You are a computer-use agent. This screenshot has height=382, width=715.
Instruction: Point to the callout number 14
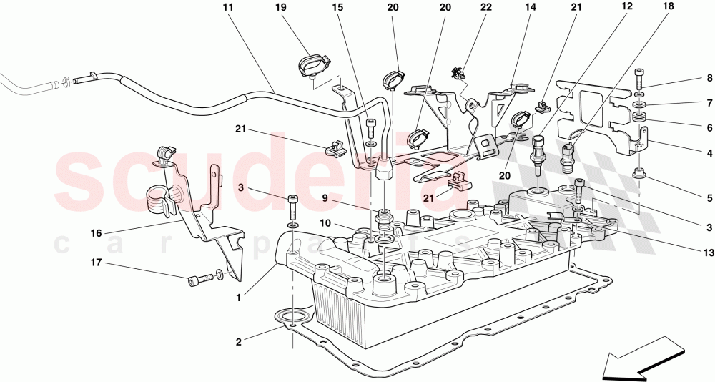pos(531,8)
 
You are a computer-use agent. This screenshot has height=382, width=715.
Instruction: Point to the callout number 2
pos(238,342)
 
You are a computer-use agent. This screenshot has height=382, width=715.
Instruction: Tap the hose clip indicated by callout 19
pos(312,65)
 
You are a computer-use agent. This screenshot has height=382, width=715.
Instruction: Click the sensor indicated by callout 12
pos(537,150)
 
